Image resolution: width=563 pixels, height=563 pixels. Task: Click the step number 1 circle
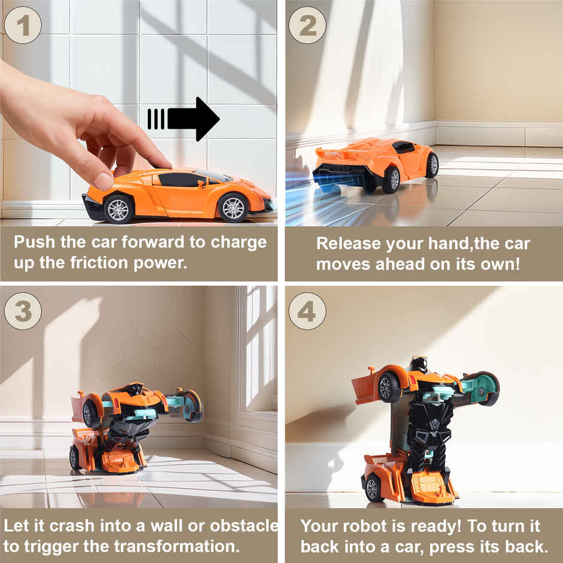pyautogui.click(x=23, y=25)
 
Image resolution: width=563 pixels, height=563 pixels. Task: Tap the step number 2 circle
pyautogui.click(x=307, y=25)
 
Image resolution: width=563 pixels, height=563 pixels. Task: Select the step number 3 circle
pyautogui.click(x=23, y=311)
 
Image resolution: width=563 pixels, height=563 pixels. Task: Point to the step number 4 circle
pyautogui.click(x=307, y=311)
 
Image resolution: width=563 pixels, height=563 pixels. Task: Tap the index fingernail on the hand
pyautogui.click(x=103, y=180)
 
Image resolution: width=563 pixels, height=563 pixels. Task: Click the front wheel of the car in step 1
pyautogui.click(x=232, y=207)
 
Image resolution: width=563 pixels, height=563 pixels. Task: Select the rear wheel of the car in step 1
pyautogui.click(x=119, y=208)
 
